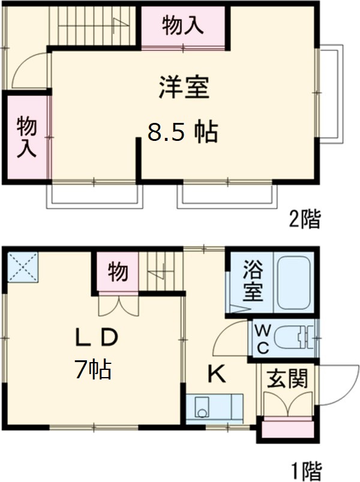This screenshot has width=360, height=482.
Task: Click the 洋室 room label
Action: (184, 89)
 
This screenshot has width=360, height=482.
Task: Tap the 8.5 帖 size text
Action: (182, 132)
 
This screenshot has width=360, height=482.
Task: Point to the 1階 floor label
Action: (304, 468)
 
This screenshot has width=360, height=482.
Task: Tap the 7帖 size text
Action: (93, 370)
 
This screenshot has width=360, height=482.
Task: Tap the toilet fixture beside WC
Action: (294, 339)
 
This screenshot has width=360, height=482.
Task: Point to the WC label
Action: (262, 339)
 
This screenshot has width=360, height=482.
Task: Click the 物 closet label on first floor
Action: (118, 272)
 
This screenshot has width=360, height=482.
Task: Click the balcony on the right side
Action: (331, 94)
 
